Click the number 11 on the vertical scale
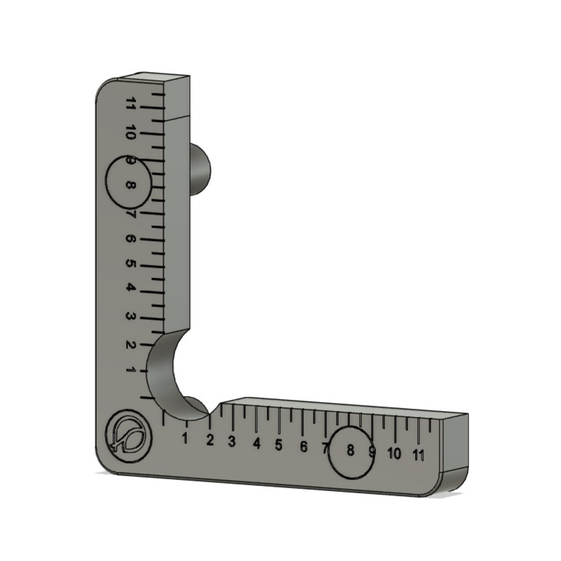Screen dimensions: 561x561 coord(130,104)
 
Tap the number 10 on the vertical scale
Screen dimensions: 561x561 coord(131,132)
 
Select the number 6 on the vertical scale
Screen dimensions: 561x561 coord(131,238)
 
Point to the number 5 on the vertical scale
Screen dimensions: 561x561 coord(131,263)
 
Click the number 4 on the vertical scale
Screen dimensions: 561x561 coord(131,288)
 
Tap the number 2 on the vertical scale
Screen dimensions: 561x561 coord(131,344)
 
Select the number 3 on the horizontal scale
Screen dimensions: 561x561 coord(232,442)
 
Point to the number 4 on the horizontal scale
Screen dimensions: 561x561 coord(256,444)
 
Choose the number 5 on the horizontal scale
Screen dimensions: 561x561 coord(279,445)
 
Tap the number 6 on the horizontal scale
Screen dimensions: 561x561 coord(303,447)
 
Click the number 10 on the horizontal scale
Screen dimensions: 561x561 coord(394,453)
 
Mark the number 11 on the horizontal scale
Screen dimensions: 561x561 coord(419,454)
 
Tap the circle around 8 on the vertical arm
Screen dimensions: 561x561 coord(129,182)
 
